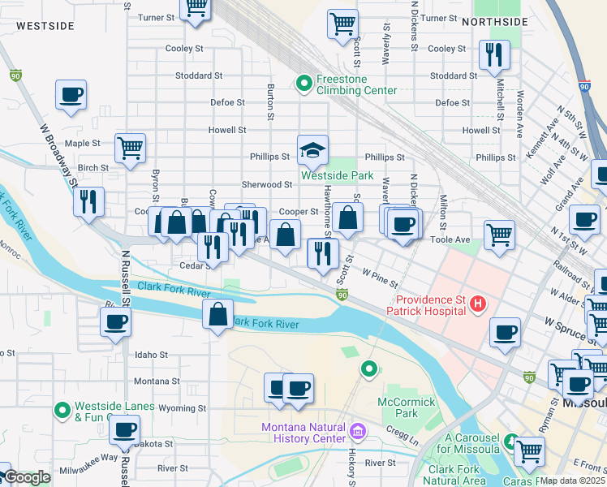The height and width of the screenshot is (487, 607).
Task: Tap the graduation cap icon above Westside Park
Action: coord(312,149)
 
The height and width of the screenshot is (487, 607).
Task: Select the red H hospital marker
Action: coord(478,304)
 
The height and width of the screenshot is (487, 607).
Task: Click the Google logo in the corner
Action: coord(26,477)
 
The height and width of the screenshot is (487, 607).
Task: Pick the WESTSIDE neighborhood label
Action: coord(45,26)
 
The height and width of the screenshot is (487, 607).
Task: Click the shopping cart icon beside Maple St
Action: coord(130,148)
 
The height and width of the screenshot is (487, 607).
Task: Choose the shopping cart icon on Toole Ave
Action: coord(499,235)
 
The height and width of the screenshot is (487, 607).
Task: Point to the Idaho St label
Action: coord(151,355)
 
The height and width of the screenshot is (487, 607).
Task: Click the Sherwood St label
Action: coord(266,185)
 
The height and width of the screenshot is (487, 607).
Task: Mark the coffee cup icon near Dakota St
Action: coord(124,429)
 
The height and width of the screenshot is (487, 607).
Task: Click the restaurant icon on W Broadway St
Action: coord(89,200)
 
